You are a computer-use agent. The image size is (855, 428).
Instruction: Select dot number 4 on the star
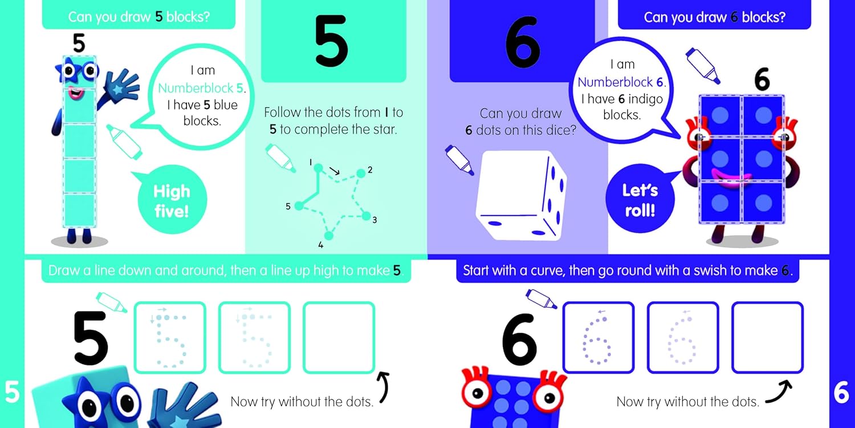[329, 235]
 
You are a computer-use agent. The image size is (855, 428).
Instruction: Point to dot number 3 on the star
[366, 216]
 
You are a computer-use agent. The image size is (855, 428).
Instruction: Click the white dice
[522, 196]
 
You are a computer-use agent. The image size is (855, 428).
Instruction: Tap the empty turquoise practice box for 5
[339, 337]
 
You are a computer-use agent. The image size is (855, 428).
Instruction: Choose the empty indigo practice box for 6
[768, 337]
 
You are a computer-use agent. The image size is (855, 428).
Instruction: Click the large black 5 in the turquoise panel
[331, 41]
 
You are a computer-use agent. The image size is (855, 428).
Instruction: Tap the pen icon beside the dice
[459, 160]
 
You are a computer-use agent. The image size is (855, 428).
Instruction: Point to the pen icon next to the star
[280, 158]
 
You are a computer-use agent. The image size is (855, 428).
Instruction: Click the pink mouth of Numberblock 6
[730, 179]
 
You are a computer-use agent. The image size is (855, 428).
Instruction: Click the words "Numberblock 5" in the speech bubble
[201, 88]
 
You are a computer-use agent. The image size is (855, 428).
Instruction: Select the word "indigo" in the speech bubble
[645, 99]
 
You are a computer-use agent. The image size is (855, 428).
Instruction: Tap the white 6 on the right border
[841, 393]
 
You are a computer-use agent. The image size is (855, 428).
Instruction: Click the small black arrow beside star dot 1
[335, 171]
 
